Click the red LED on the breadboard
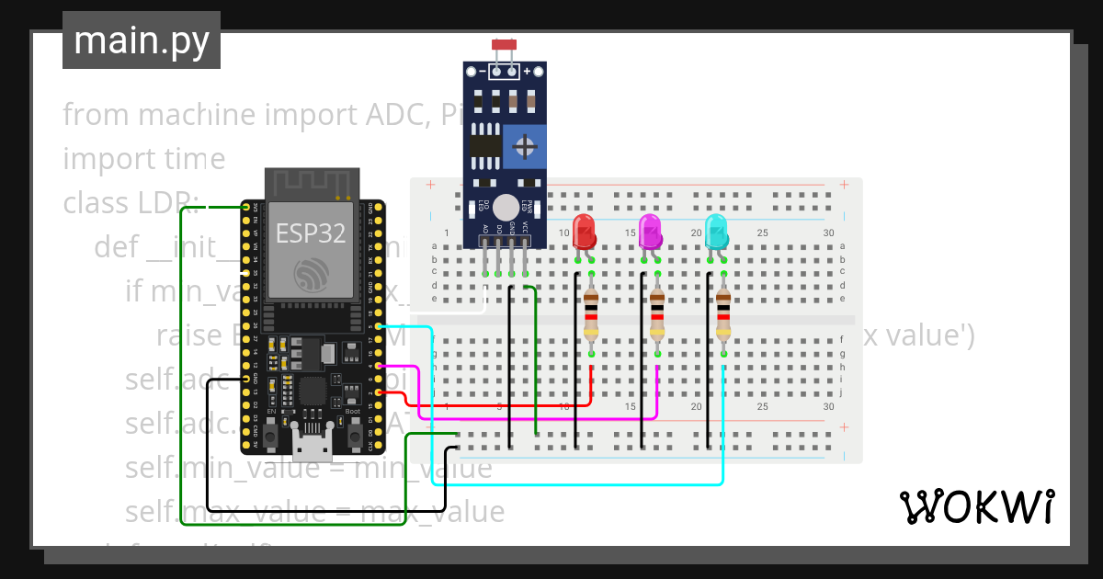[584, 231]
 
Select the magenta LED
[650, 231]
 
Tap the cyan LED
[716, 231]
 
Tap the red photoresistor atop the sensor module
[504, 44]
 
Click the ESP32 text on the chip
[311, 233]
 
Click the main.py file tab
[142, 40]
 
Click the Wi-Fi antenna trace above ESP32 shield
[311, 183]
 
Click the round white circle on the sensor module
[505, 207]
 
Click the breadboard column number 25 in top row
[762, 233]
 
